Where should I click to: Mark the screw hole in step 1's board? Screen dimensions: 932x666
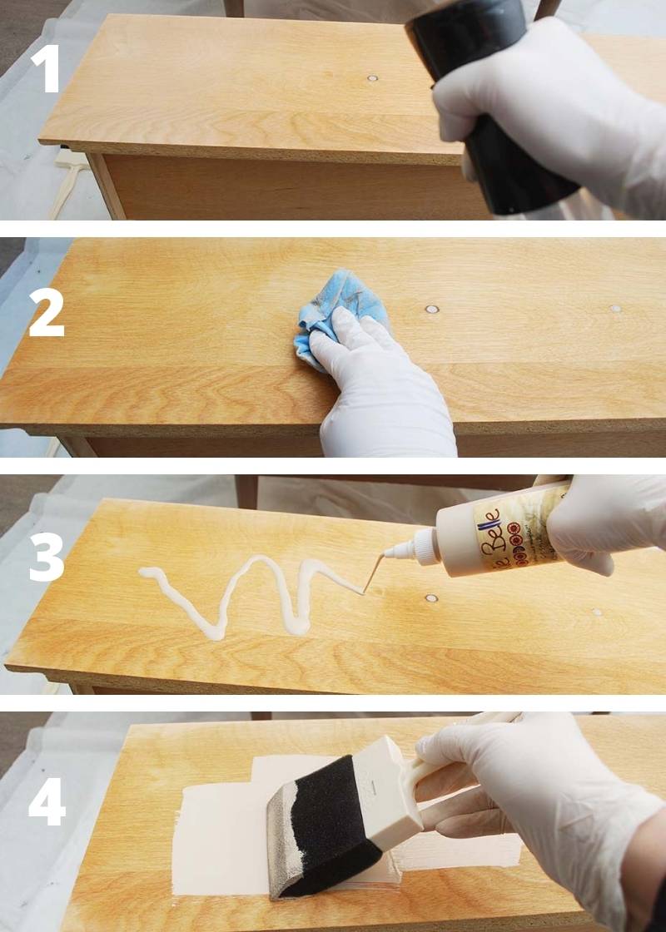(372, 79)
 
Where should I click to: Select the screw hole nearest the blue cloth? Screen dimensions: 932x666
(431, 310)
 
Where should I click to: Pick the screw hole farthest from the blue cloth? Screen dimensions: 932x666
(615, 309)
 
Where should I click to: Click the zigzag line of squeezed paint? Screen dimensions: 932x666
(250, 595)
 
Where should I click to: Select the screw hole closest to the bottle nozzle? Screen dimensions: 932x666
(431, 598)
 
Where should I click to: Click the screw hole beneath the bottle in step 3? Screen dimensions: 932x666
(596, 612)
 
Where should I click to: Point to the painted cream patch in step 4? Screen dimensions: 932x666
(216, 840)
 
